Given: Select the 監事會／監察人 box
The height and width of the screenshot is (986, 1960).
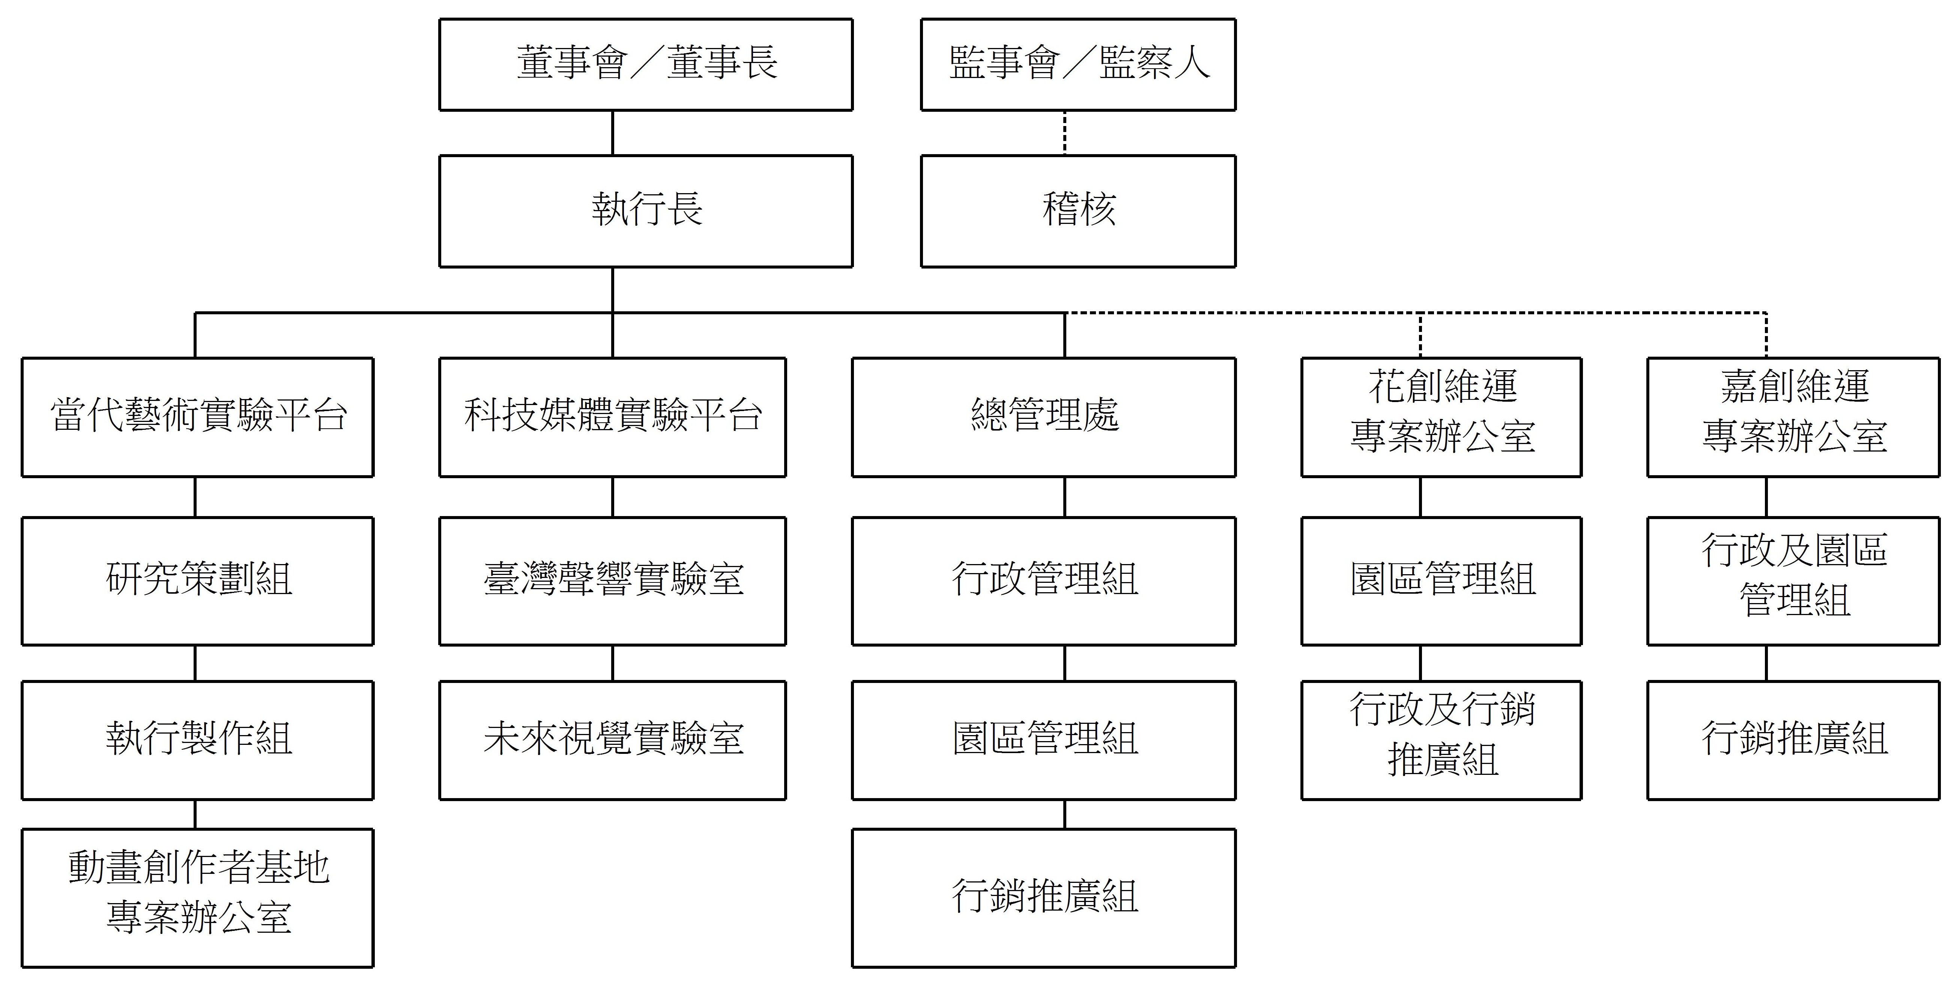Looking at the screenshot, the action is [1078, 65].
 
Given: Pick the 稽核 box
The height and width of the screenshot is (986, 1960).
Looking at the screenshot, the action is [1078, 212].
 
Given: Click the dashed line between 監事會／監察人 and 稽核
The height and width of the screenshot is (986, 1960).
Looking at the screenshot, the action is [1064, 133].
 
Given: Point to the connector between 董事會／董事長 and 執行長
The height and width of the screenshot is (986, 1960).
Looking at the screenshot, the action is [612, 133].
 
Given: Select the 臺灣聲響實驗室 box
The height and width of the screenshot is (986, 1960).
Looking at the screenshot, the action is [612, 581].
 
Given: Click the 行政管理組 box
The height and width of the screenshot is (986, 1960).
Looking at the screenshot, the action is [1044, 581].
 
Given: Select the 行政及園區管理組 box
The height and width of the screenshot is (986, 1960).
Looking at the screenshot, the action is [1793, 581].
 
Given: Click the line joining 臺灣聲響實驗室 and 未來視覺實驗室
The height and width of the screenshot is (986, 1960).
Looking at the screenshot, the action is [612, 663].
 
